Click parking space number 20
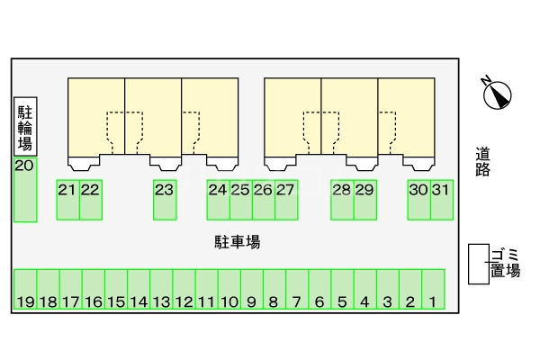pyautogui.click(x=25, y=190)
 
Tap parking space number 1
pyautogui.click(x=433, y=290)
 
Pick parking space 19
pyautogui.click(x=25, y=290)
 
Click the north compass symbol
pyautogui.click(x=496, y=92)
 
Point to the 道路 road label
pyautogui.click(x=483, y=162)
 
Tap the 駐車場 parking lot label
pyautogui.click(x=238, y=241)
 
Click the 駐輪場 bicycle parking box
pyautogui.click(x=25, y=126)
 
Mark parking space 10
pyautogui.click(x=229, y=290)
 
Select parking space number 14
pyautogui.click(x=139, y=290)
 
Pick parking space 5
pyautogui.click(x=342, y=290)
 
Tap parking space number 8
pyautogui.click(x=274, y=290)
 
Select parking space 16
pyautogui.click(x=93, y=290)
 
